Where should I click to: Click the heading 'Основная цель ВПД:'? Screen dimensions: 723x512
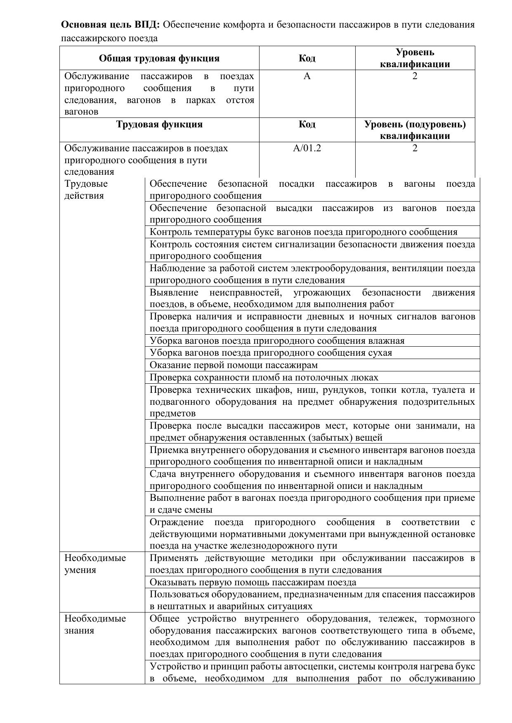(110, 25)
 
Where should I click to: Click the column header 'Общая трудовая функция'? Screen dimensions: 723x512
(159, 58)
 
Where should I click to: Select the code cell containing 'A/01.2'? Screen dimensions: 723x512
(307, 148)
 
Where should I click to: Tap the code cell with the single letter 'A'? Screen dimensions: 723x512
(307, 76)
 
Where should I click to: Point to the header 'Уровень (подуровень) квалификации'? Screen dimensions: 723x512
(415, 130)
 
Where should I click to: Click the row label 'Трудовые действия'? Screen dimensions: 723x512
(86, 190)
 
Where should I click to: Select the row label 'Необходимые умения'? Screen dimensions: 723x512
(95, 564)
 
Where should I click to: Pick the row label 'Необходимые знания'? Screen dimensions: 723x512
(95, 624)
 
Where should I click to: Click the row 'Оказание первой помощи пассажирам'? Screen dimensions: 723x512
(234, 365)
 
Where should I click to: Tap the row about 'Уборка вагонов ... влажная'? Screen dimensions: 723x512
(277, 341)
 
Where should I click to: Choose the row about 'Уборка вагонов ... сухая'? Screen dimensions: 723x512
(271, 353)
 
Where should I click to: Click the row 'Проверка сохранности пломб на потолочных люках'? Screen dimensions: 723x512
(264, 378)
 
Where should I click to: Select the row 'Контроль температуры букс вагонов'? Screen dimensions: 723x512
(303, 232)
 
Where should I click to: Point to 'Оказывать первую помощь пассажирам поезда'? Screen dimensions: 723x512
(252, 582)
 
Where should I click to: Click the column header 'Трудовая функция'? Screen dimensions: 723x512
(159, 124)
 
